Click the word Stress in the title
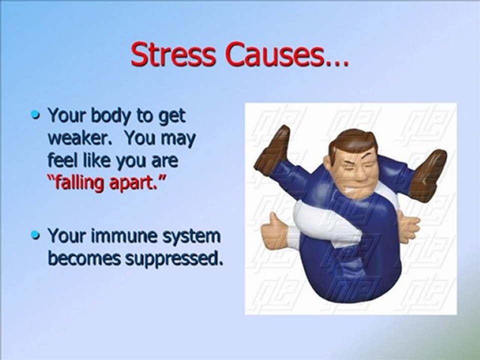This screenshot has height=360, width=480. (x=173, y=54)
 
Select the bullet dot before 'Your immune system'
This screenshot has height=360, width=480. (x=36, y=235)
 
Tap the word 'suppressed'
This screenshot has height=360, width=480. (x=173, y=259)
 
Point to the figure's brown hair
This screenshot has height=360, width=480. (x=352, y=140)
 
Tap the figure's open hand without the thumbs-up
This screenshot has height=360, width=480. (x=407, y=228)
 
